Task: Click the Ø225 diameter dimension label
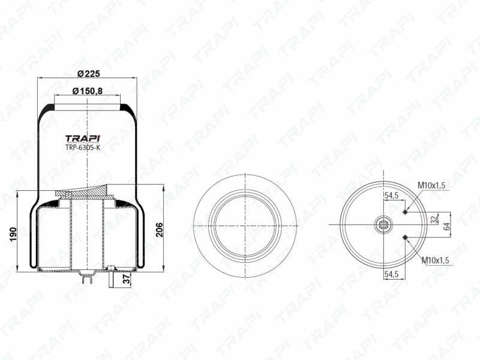pyautogui.click(x=88, y=74)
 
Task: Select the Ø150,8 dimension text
pyautogui.click(x=87, y=91)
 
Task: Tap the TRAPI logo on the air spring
pyautogui.click(x=83, y=139)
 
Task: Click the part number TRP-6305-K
pyautogui.click(x=83, y=148)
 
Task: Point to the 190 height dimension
pyautogui.click(x=13, y=233)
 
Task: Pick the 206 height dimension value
pyautogui.click(x=160, y=230)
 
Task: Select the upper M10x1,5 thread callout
pyautogui.click(x=431, y=185)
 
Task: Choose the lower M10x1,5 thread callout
pyautogui.click(x=436, y=260)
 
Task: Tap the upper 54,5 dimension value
pyautogui.click(x=392, y=196)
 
